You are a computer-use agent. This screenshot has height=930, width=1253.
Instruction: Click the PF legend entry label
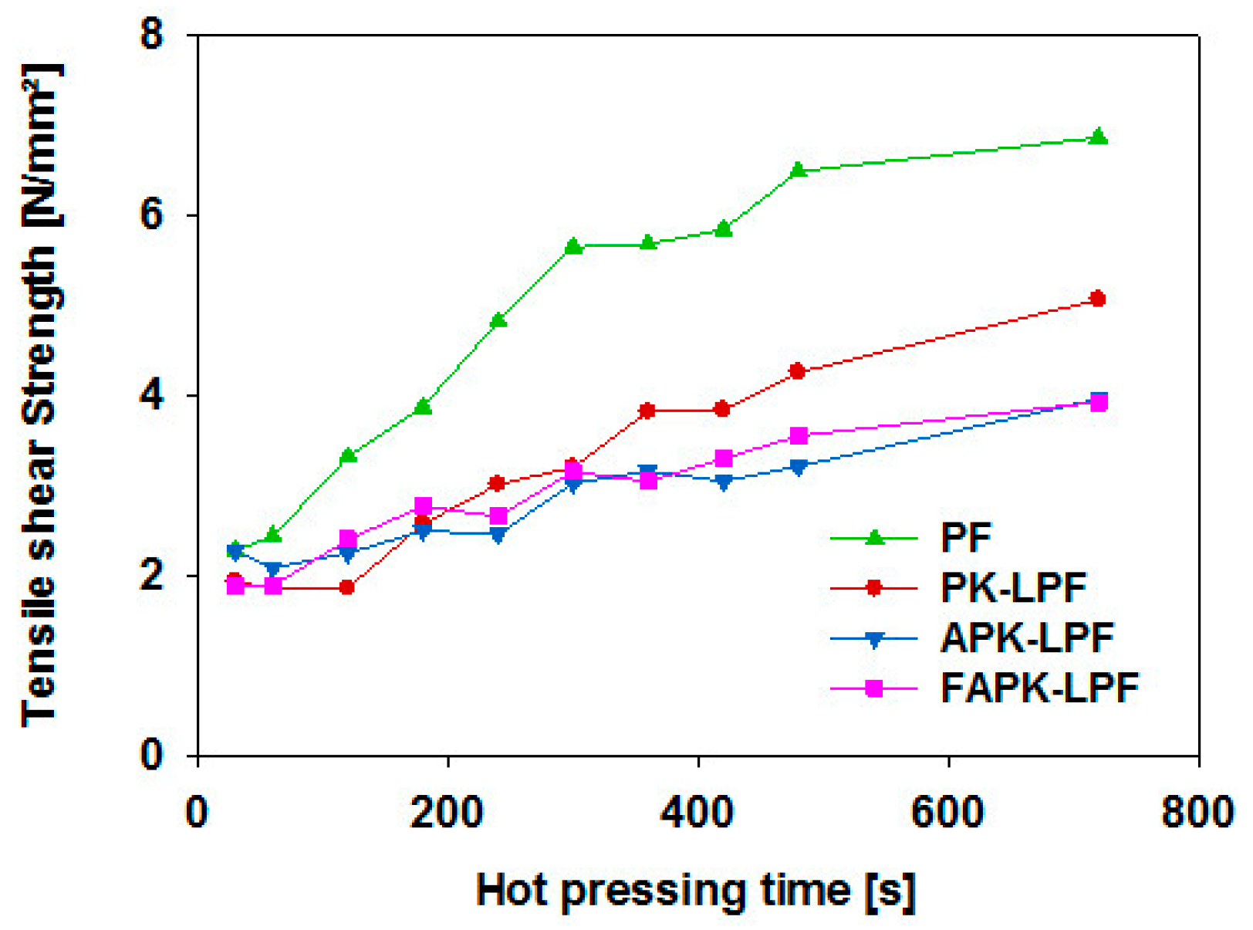pyautogui.click(x=965, y=538)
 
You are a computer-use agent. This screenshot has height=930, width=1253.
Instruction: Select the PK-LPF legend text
pyautogui.click(x=1013, y=588)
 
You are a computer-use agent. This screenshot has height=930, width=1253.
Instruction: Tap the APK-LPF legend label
pyautogui.click(x=1027, y=638)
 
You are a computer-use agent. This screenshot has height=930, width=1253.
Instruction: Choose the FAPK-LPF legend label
pyautogui.click(x=1039, y=688)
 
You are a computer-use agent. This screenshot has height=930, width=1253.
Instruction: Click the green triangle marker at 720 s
pyautogui.click(x=1099, y=137)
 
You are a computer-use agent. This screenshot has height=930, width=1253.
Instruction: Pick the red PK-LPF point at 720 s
pyautogui.click(x=1098, y=299)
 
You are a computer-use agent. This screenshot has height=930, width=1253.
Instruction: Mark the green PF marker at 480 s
pyautogui.click(x=799, y=170)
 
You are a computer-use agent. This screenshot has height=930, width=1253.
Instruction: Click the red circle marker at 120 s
pyautogui.click(x=347, y=587)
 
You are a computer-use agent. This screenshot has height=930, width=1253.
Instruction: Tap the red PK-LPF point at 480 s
pyautogui.click(x=798, y=371)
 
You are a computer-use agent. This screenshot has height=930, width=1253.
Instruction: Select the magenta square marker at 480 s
pyautogui.click(x=799, y=436)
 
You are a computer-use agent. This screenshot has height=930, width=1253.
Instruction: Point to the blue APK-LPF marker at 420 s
pyautogui.click(x=723, y=482)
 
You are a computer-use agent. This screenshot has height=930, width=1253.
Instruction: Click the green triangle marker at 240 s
pyautogui.click(x=498, y=320)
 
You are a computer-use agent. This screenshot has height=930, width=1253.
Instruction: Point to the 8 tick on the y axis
pyautogui.click(x=153, y=34)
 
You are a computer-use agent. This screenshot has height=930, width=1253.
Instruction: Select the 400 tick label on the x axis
pyautogui.click(x=697, y=813)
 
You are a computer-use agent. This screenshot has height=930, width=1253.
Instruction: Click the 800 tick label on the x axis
pyautogui.click(x=1197, y=813)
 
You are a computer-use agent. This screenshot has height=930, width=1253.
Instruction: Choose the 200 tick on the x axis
pyautogui.click(x=447, y=813)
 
